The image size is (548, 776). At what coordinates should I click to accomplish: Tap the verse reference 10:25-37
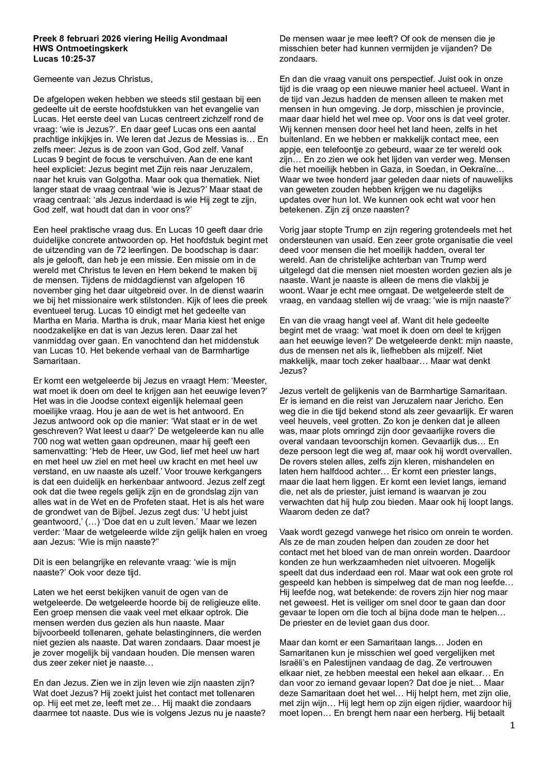(75, 58)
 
